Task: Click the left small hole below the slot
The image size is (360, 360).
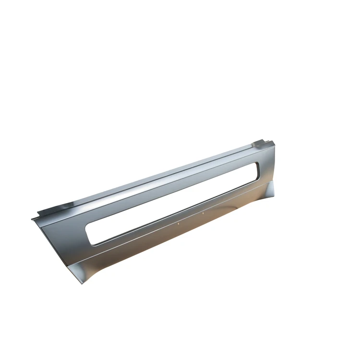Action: click(x=178, y=223)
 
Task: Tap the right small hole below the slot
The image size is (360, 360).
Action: click(x=203, y=213)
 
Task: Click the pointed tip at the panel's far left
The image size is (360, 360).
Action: click(x=32, y=219)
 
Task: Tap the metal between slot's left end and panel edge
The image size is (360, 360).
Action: click(x=72, y=235)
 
